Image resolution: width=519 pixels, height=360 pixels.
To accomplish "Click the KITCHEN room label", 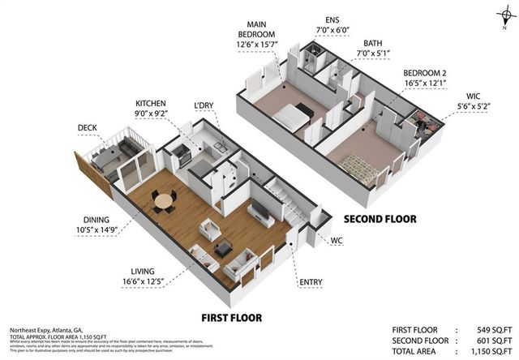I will point(151,103).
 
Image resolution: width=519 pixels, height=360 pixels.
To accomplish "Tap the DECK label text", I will point(88,127).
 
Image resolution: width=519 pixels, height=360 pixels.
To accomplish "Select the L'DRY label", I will point(204,106).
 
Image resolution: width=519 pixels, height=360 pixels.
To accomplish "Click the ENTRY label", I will point(311,282).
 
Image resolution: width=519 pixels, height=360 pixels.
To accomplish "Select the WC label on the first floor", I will point(337,241).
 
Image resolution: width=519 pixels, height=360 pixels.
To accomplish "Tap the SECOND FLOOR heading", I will point(380,219).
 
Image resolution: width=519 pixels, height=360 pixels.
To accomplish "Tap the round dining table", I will point(165,199).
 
